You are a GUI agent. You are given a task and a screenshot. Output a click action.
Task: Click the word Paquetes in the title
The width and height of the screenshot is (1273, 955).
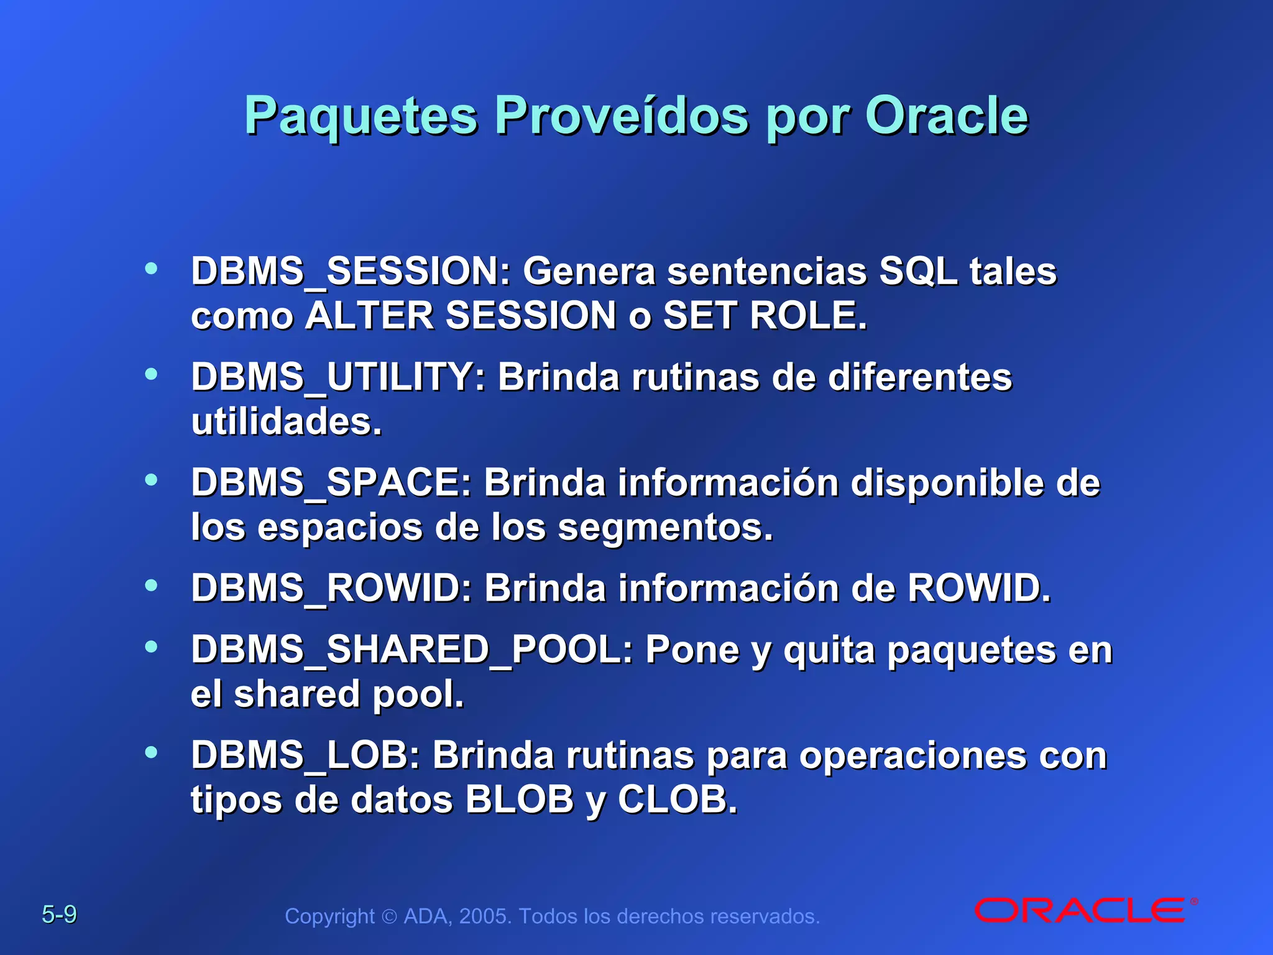361,116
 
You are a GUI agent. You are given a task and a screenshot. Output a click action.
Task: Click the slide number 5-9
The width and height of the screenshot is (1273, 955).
59,915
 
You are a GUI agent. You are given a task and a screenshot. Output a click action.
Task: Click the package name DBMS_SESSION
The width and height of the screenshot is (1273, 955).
350,272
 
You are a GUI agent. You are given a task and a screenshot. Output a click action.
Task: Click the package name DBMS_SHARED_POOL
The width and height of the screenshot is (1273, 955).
411,650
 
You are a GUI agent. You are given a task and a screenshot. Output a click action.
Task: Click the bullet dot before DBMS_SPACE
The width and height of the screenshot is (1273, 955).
151,480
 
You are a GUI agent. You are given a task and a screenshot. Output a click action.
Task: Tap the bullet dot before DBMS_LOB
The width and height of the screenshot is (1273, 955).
151,753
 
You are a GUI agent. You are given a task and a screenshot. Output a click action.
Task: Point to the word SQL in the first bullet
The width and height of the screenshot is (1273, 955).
917,272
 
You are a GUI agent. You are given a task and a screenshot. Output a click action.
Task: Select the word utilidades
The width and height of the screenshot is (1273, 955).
286,422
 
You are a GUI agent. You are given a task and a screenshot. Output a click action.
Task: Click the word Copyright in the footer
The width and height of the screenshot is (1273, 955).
329,916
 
